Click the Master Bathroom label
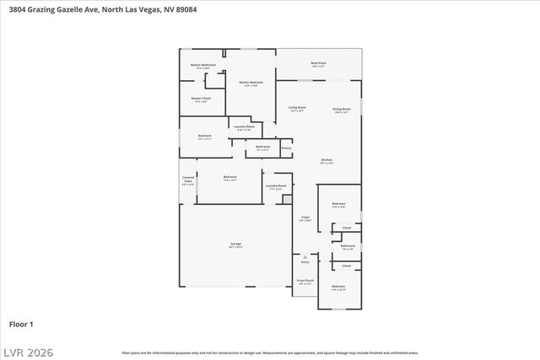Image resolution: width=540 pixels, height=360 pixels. pos(202,65)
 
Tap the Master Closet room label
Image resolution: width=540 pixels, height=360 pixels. pos(201,99)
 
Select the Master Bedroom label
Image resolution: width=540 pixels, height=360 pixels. pos(251,82)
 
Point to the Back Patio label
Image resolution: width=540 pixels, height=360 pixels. pos(318,63)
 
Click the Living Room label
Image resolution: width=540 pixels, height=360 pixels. pos(297,108)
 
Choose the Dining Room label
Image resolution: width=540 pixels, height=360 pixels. pos(341,109)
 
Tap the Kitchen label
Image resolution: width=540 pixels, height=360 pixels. pos(326,159)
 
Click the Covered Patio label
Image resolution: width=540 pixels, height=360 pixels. pos(187,179)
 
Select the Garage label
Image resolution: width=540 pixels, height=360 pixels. pos(235,244)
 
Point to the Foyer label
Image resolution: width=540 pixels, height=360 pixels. pos(305,218)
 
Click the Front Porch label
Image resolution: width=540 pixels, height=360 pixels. pos(305,281)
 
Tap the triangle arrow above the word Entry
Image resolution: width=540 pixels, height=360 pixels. pos(305,255)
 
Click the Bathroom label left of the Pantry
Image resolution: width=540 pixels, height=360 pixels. pos(262,147)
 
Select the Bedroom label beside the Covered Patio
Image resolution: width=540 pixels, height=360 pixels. pos(229,176)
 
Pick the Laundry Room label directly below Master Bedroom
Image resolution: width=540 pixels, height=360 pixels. pos(245,126)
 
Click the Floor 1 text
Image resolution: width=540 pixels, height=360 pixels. pos(21,324)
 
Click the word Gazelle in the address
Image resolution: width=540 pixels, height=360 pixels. pos(67,7)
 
